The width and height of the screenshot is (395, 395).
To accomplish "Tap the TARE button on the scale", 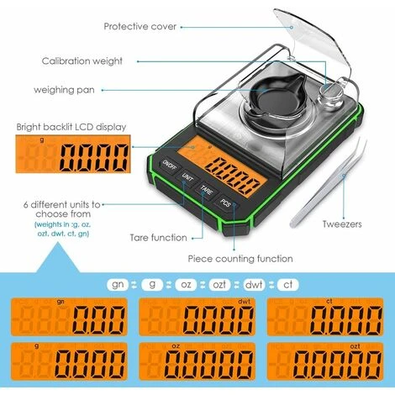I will (x=206, y=191).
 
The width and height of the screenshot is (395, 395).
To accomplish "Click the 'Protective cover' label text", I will (x=140, y=26).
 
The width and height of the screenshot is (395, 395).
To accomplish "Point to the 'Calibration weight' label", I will (x=82, y=61).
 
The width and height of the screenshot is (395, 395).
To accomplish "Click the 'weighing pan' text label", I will (x=65, y=89).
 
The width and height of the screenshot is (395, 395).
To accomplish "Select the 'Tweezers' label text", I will (x=341, y=224).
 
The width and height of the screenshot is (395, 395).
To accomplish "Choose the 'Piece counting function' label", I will (x=240, y=259).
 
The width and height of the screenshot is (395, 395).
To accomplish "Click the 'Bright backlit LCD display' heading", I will (x=71, y=127).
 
